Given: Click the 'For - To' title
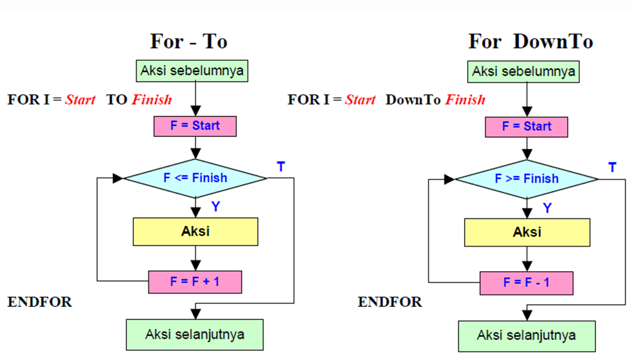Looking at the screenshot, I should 188,42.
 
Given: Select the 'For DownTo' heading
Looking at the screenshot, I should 530,42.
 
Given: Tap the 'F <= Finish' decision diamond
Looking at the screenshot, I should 195,178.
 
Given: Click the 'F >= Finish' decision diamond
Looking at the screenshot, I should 527,179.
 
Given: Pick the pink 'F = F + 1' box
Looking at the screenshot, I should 195,282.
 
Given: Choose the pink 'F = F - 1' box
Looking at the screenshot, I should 527,282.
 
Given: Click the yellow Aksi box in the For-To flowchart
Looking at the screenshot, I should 195,232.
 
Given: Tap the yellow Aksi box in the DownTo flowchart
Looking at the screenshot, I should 527,232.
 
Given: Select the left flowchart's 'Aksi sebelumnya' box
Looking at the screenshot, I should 192,70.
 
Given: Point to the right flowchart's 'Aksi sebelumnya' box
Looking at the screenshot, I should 523,71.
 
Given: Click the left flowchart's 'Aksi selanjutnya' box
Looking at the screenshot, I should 195,334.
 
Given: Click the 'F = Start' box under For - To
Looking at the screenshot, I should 195,126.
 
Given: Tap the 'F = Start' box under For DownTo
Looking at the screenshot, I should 527,126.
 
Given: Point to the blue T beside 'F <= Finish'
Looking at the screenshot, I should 281,167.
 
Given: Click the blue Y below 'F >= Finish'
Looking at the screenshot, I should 547,208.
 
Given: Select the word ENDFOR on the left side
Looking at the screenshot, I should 39,302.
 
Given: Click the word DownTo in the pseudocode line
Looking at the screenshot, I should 413,100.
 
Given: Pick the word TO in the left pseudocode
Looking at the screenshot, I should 116,100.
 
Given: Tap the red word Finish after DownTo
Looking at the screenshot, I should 465,100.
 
